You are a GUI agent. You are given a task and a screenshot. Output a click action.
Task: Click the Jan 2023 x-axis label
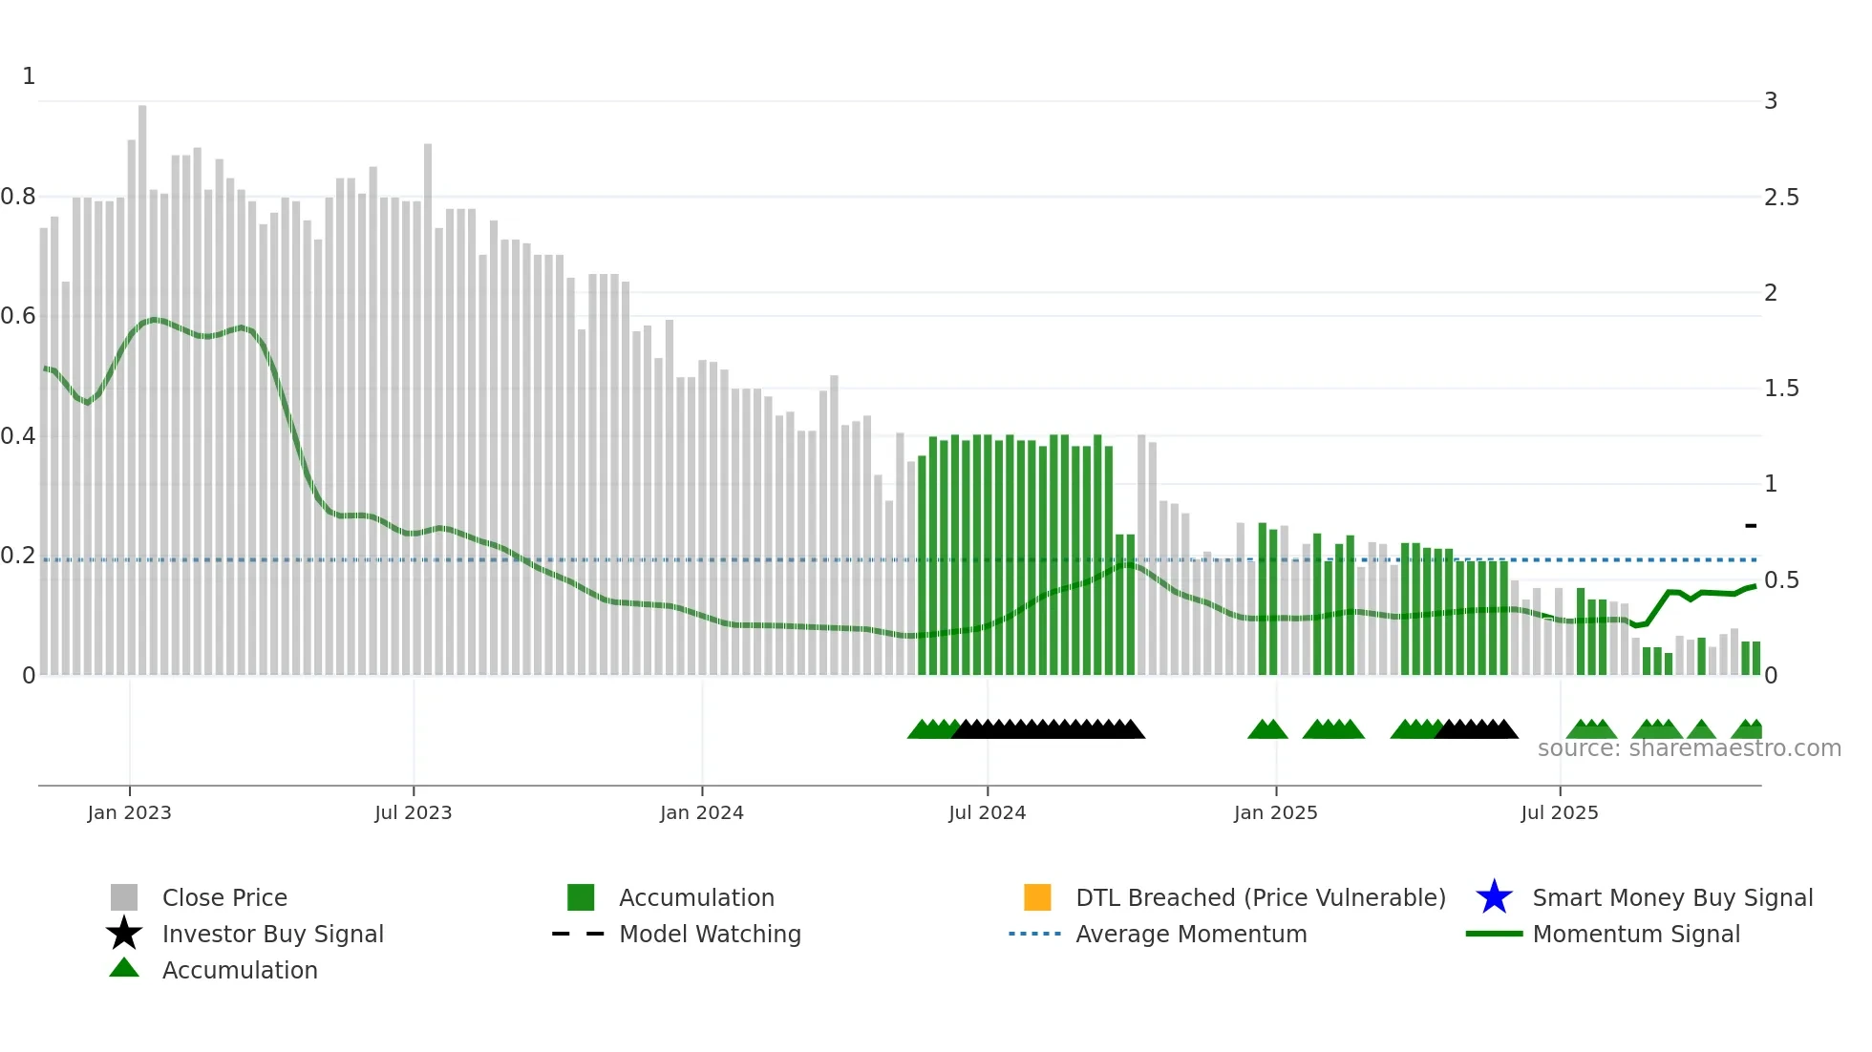click(x=129, y=812)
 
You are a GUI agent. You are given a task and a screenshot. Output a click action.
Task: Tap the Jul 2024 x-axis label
click(x=987, y=812)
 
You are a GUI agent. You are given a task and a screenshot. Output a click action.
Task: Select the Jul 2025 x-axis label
click(x=1559, y=812)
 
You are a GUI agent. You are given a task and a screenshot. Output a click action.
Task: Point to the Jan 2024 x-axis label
click(x=701, y=812)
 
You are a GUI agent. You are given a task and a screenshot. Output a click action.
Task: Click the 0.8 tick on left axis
click(x=18, y=197)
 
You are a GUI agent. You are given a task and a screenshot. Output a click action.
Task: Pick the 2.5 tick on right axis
click(x=1781, y=198)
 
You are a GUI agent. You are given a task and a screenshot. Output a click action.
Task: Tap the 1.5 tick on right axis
click(x=1781, y=389)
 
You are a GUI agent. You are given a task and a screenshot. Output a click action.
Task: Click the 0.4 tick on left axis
click(x=18, y=436)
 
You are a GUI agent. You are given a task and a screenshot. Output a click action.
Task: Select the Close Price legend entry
click(x=224, y=897)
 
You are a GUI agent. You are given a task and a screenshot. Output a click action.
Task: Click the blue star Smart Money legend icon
click(x=1494, y=897)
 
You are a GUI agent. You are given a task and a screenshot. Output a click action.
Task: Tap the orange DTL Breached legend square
click(x=1037, y=897)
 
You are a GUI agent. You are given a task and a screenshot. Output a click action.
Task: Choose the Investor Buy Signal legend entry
click(x=272, y=934)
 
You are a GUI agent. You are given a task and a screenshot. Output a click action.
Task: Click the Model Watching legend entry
click(x=710, y=934)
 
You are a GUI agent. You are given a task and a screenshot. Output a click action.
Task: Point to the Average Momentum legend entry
click(x=1191, y=934)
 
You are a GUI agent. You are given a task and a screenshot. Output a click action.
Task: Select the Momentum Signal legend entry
click(x=1636, y=934)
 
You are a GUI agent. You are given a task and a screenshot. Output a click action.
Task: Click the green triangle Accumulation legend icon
click(x=124, y=968)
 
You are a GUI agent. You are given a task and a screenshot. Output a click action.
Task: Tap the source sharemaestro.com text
click(x=1689, y=748)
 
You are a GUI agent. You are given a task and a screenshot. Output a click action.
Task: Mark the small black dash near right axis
click(x=1751, y=525)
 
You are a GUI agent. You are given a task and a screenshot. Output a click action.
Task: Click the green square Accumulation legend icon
click(x=581, y=897)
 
